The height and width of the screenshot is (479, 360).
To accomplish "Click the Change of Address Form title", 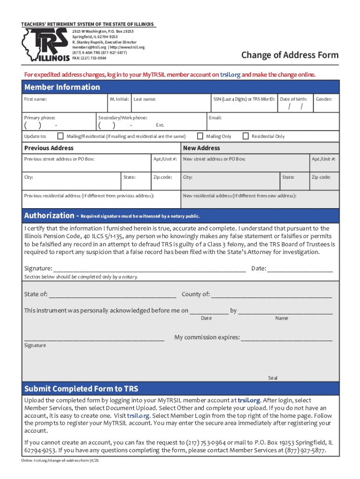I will [289, 56].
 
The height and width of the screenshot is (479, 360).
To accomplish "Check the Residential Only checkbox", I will [245, 136].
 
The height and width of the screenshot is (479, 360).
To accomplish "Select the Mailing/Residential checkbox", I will [60, 136].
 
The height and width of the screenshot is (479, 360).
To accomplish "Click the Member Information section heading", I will [62, 87].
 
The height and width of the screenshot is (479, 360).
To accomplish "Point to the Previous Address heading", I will [49, 148].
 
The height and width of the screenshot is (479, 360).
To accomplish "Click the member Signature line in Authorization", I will [150, 269].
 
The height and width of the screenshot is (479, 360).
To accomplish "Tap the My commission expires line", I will [287, 338].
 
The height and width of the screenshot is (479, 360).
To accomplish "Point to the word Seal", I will [273, 377].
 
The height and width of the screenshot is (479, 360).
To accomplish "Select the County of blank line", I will [272, 295].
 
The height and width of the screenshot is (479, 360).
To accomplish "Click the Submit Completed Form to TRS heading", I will [81, 389].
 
